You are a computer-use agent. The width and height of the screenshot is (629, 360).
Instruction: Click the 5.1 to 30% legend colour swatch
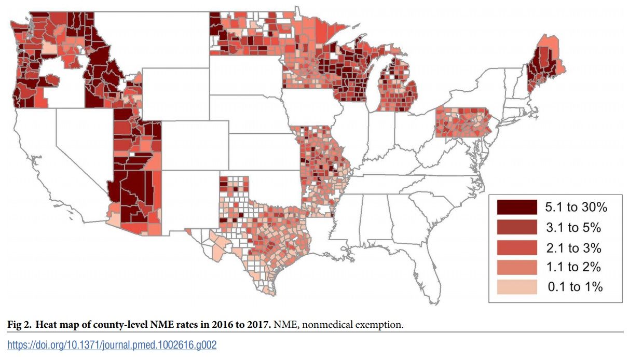coord(516,207)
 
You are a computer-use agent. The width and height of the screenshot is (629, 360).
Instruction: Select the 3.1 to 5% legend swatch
coord(516,227)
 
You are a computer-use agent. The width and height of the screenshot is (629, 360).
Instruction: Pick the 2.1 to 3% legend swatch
coord(516,247)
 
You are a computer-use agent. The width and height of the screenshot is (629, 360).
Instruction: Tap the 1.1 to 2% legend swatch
coord(516,267)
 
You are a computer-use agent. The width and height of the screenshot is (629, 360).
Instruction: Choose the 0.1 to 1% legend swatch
coord(516,286)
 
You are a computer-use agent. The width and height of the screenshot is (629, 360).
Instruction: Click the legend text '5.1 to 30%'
coord(576,207)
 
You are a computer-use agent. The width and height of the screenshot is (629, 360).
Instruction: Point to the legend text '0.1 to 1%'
coord(575,286)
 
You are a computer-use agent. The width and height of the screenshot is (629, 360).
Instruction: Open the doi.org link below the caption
coord(112,345)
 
